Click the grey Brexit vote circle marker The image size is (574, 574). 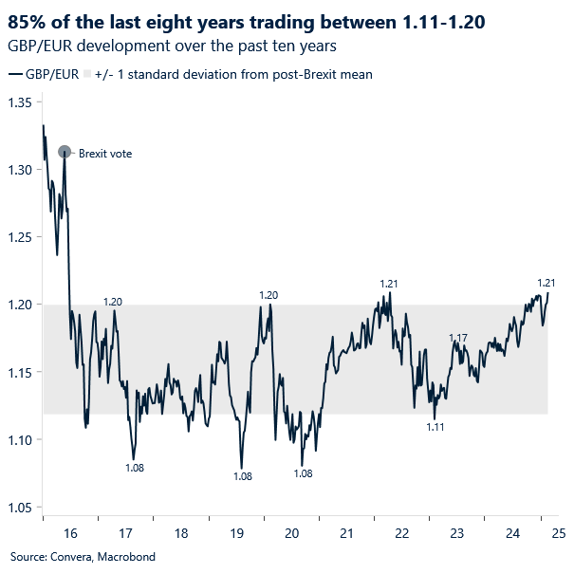(65, 152)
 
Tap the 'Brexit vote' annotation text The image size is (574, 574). (104, 153)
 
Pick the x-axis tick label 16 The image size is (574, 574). (70, 533)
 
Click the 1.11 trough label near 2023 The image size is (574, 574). (435, 428)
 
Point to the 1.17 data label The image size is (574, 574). (458, 338)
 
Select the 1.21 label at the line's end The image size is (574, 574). (546, 283)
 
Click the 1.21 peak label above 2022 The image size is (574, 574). (388, 284)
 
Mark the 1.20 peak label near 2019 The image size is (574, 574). (268, 295)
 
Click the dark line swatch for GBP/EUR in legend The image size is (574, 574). (16, 74)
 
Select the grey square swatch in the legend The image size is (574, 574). (87, 74)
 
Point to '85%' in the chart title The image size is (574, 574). (28, 20)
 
